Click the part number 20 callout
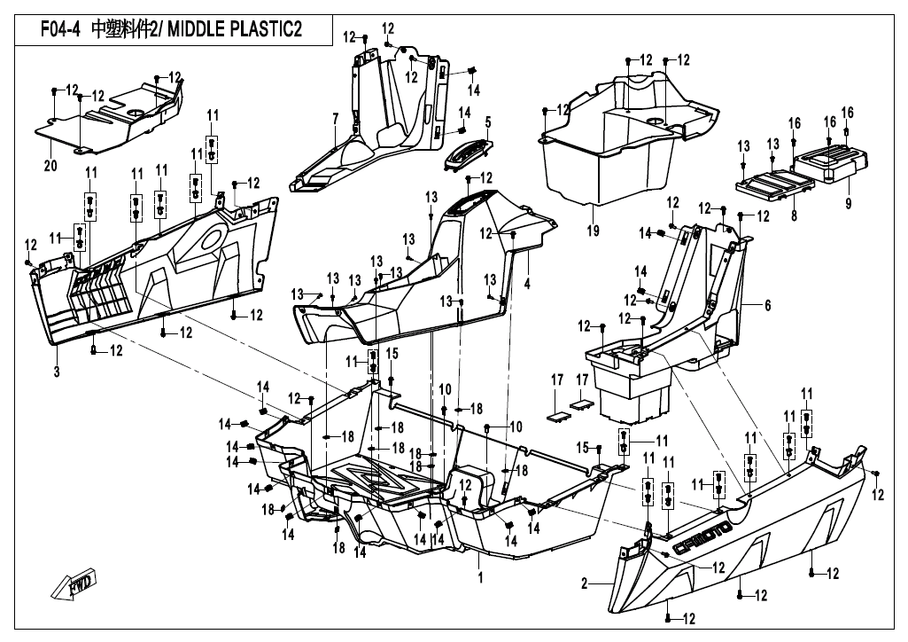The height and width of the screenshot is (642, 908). pos(50,165)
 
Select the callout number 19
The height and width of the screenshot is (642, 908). pos(592,231)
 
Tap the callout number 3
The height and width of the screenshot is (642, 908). pos(56,372)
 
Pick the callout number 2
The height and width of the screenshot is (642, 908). pos(585,583)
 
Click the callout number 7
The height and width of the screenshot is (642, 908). pos(336,118)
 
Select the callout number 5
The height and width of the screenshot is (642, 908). pos(487,121)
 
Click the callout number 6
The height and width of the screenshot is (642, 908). pos(767,305)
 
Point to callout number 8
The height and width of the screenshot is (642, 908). pos(794,214)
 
